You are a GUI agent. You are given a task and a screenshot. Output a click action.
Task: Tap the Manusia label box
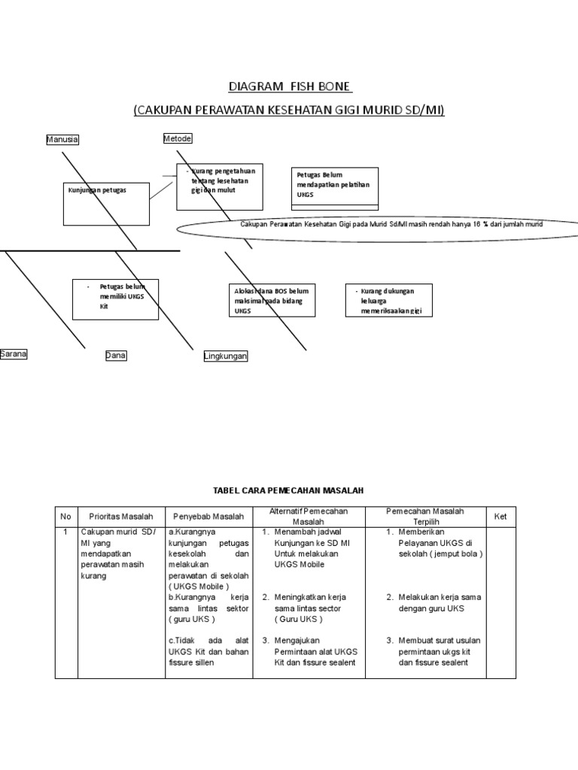[x=62, y=140]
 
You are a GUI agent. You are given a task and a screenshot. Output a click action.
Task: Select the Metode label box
[x=178, y=138]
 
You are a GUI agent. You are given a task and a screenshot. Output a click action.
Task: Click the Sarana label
[x=14, y=354]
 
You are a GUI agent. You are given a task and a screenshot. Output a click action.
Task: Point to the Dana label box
[x=116, y=356]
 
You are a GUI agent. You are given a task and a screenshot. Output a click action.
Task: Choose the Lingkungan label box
[x=226, y=356]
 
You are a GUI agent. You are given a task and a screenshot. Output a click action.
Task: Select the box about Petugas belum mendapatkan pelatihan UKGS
[x=334, y=186]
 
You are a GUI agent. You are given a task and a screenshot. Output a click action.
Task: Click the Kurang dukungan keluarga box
[x=390, y=300]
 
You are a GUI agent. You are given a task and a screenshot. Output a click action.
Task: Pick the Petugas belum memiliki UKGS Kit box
[x=115, y=299]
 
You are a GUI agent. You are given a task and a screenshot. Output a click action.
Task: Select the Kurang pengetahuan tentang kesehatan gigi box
[x=220, y=186]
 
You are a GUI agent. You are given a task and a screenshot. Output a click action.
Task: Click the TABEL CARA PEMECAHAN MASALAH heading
[x=289, y=490]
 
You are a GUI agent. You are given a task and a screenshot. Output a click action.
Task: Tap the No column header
[x=65, y=517]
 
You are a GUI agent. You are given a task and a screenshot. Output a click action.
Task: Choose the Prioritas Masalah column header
[x=121, y=517]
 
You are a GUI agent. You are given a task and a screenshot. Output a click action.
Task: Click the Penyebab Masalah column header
[x=208, y=517]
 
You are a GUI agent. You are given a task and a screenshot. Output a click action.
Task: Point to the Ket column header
[x=500, y=517]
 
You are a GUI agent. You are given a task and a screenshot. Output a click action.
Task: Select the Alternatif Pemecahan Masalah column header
[x=309, y=517]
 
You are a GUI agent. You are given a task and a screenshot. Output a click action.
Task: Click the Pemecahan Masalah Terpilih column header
[x=425, y=517]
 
